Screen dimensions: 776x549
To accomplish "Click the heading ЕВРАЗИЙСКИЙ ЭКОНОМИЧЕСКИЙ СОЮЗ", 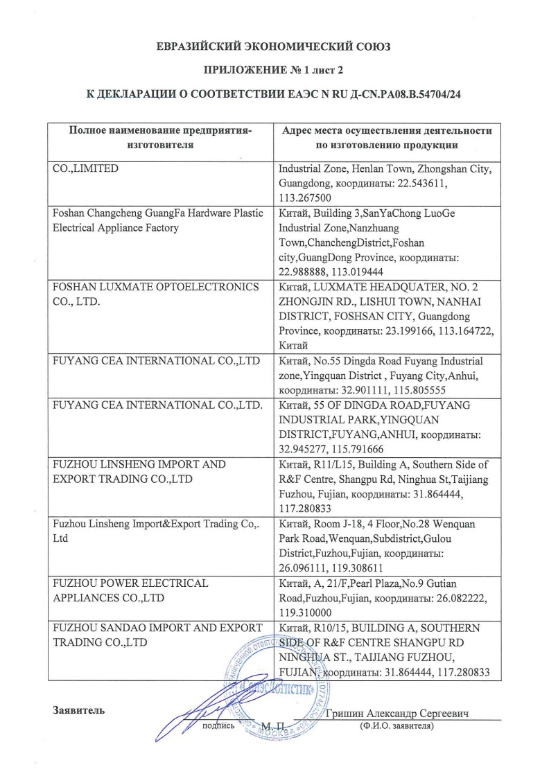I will pyautogui.click(x=274, y=47).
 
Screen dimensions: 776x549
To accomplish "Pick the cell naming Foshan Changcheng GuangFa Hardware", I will pyautogui.click(x=159, y=220).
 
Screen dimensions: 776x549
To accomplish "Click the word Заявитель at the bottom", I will pyautogui.click(x=78, y=710).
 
